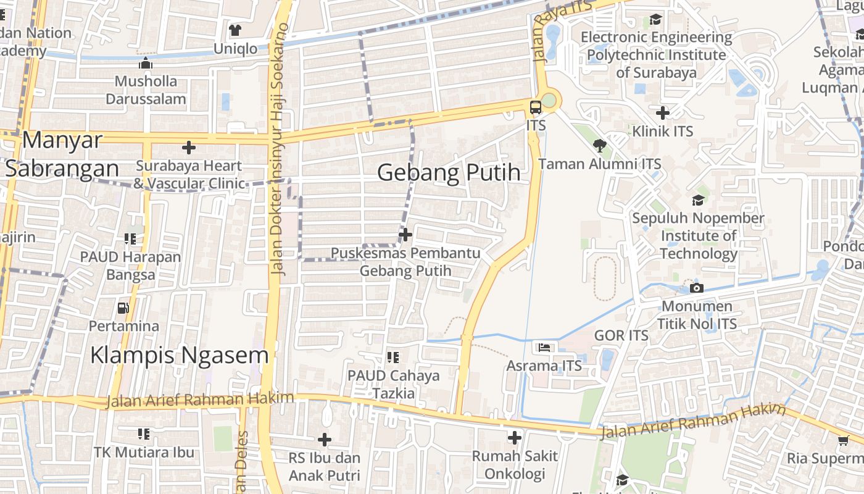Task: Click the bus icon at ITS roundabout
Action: click(x=535, y=107)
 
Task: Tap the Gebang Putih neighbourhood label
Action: click(x=449, y=173)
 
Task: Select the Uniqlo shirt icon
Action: click(x=235, y=30)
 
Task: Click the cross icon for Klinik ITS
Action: click(x=663, y=113)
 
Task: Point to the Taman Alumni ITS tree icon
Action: click(x=599, y=146)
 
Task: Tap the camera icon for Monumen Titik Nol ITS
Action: click(x=697, y=288)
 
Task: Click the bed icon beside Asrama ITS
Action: click(x=544, y=348)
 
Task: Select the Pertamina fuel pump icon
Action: click(x=123, y=308)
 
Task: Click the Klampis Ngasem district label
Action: click(x=179, y=355)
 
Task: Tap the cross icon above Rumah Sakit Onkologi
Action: click(x=514, y=438)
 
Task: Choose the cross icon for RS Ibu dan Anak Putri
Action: click(x=324, y=440)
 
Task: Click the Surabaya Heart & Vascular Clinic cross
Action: click(x=189, y=148)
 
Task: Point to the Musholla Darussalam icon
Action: click(x=146, y=63)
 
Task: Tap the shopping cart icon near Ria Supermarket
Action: click(x=844, y=440)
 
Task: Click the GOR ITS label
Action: click(x=621, y=335)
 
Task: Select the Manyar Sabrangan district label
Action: click(x=62, y=154)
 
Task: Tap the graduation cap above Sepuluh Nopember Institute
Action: click(x=698, y=200)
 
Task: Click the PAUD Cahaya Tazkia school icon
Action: click(x=393, y=357)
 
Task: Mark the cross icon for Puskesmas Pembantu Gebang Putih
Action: click(x=405, y=235)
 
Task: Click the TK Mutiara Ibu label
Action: click(x=144, y=452)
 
